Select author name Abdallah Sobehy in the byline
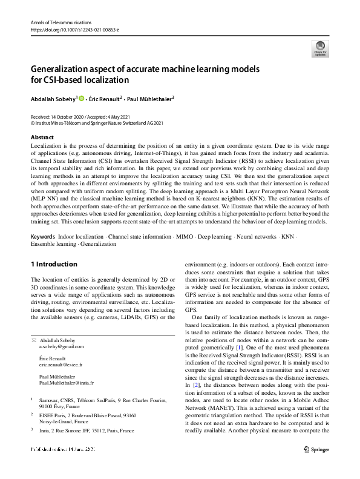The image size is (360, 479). [x=52, y=97]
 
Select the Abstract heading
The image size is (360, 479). [x=42, y=137]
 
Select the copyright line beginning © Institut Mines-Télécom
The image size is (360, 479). [x=96, y=122]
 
